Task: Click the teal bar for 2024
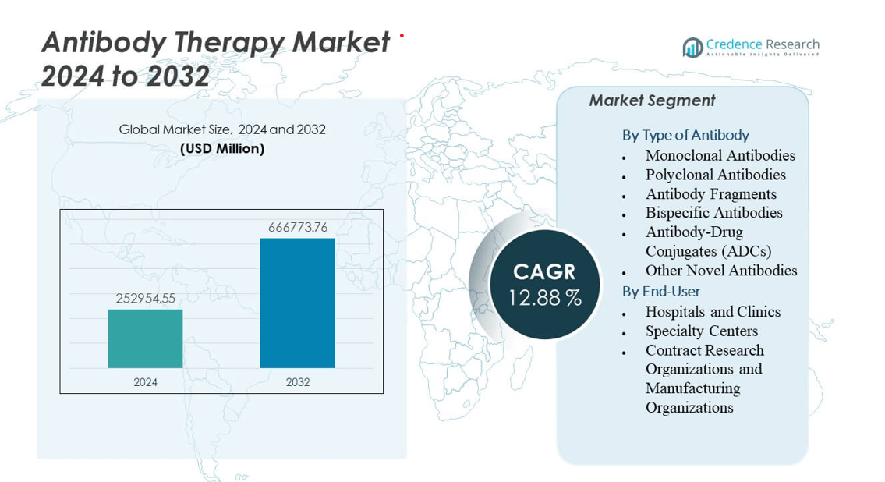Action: click(x=145, y=338)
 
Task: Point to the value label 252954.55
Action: click(x=146, y=298)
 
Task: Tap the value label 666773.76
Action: click(x=298, y=227)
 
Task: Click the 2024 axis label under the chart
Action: click(x=145, y=382)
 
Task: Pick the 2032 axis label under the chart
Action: click(x=297, y=382)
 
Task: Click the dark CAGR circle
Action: click(x=544, y=284)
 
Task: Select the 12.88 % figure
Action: click(x=545, y=297)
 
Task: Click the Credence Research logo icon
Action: click(x=692, y=48)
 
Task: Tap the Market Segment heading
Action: click(x=652, y=101)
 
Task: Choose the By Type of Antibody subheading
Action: click(x=685, y=135)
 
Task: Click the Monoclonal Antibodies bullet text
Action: click(x=720, y=155)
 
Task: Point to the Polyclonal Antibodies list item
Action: click(x=715, y=175)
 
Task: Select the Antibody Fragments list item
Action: click(x=710, y=193)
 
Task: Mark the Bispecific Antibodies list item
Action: click(x=713, y=212)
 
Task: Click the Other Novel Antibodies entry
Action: click(x=720, y=271)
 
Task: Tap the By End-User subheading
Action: click(x=661, y=291)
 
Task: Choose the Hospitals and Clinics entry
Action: click(x=713, y=311)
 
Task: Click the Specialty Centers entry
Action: click(x=701, y=331)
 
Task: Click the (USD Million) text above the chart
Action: click(x=222, y=148)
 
